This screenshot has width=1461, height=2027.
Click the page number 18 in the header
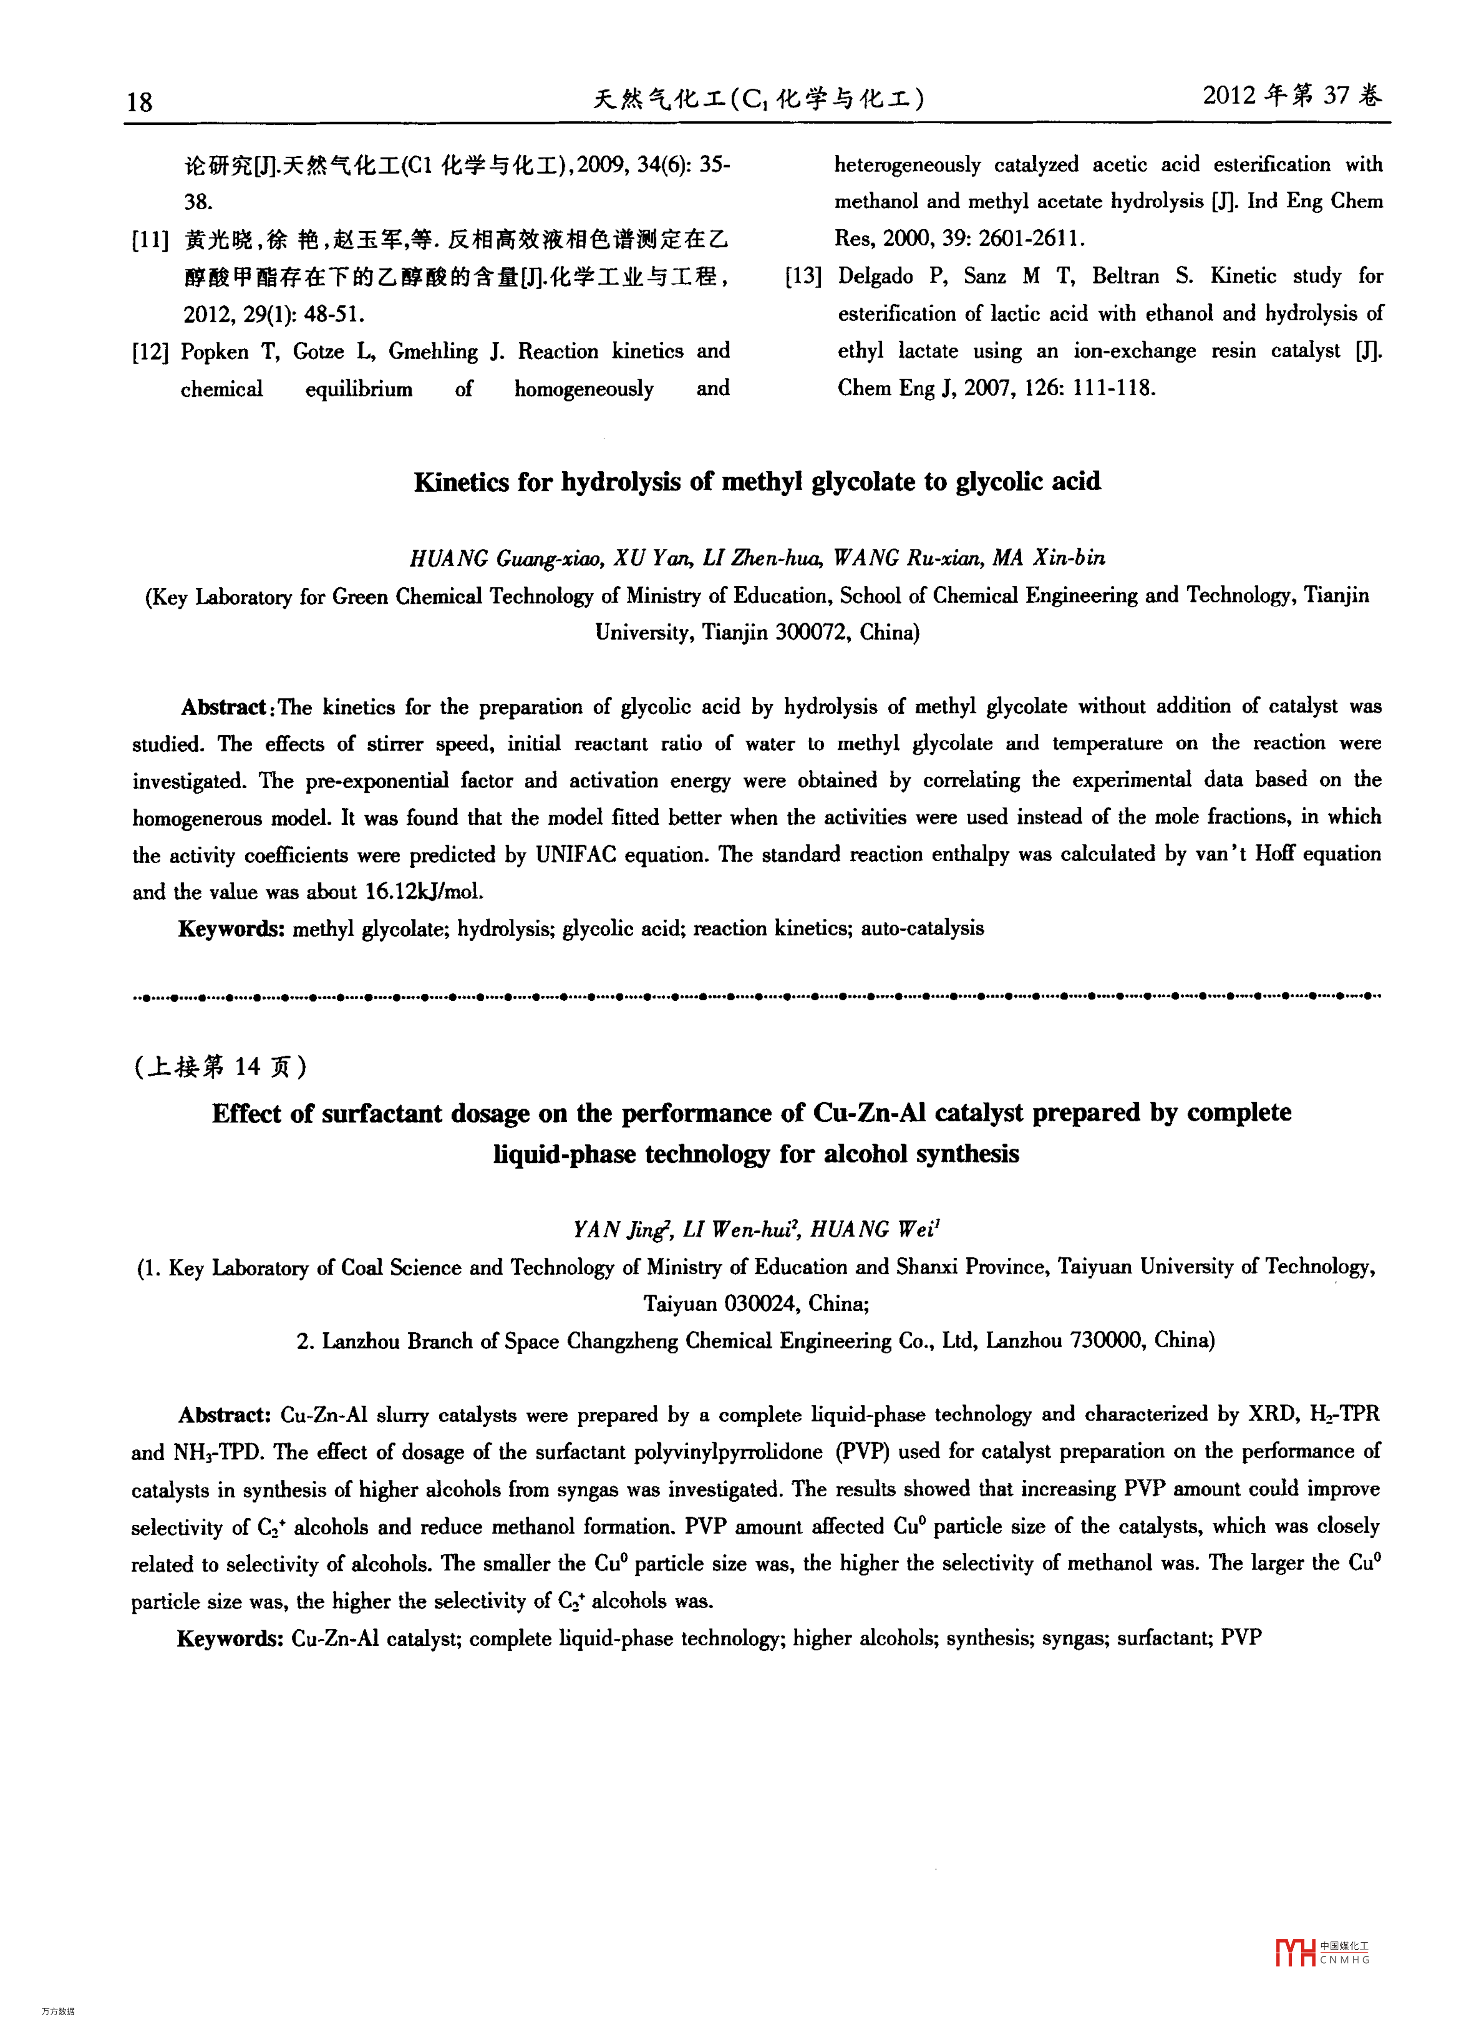[x=140, y=101]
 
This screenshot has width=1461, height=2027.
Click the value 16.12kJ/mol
[x=425, y=892]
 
